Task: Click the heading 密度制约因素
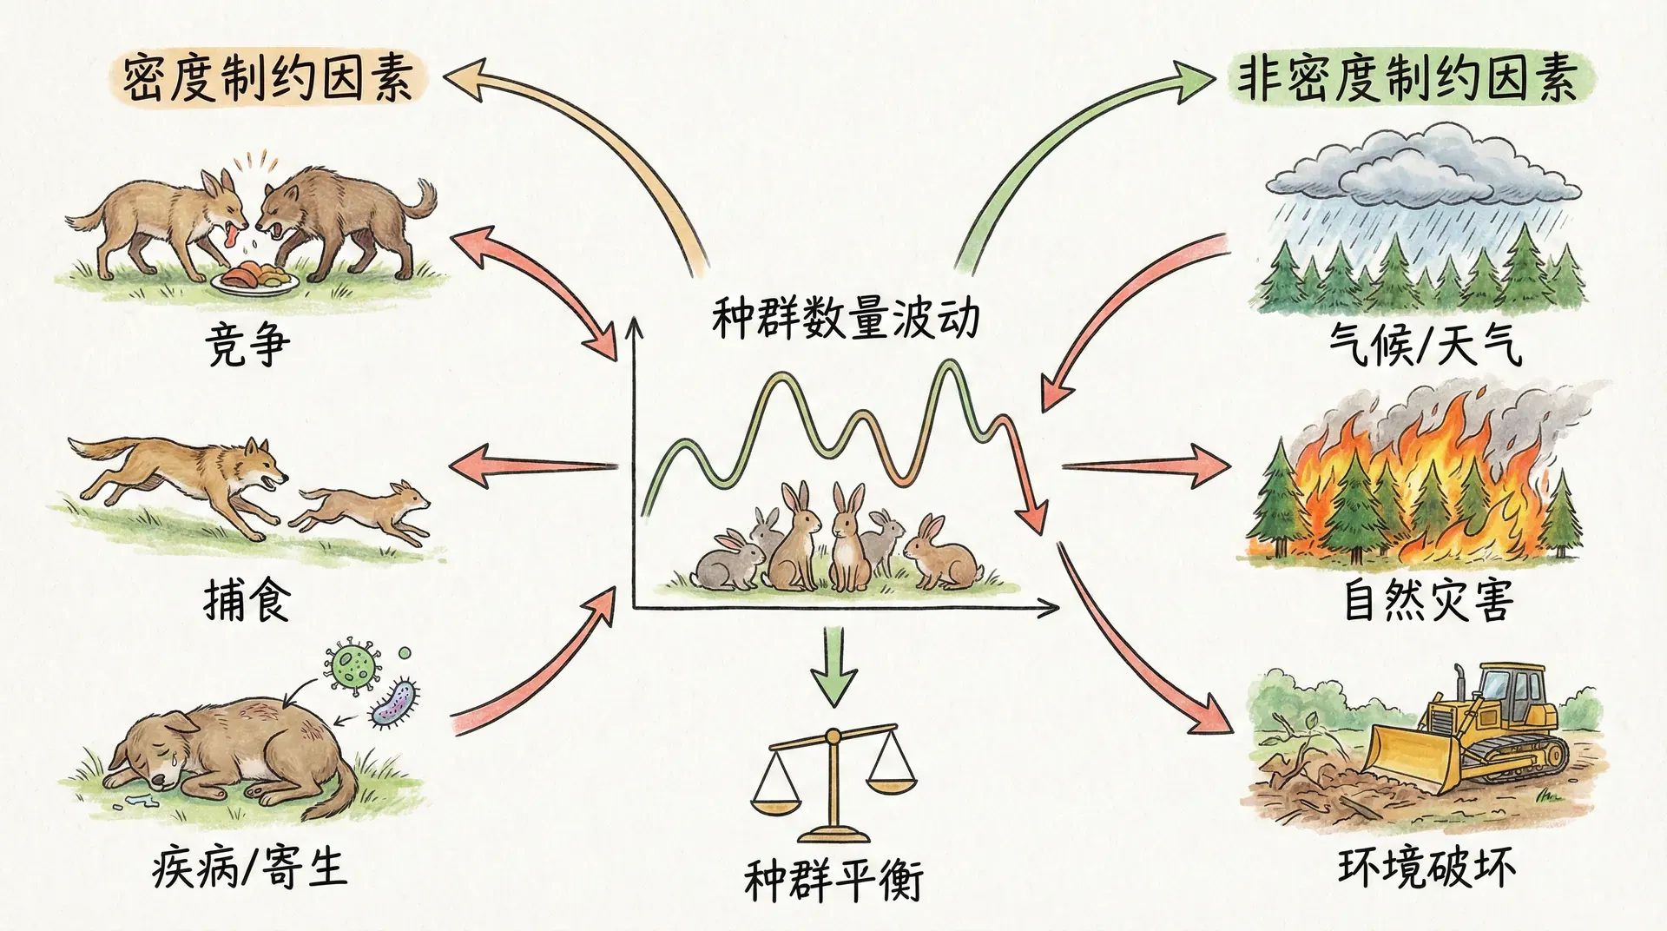point(267,80)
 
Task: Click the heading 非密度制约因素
point(1411,81)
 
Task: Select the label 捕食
point(246,598)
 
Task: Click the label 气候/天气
point(1425,345)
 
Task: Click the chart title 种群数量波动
point(845,319)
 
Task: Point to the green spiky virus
point(352,664)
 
